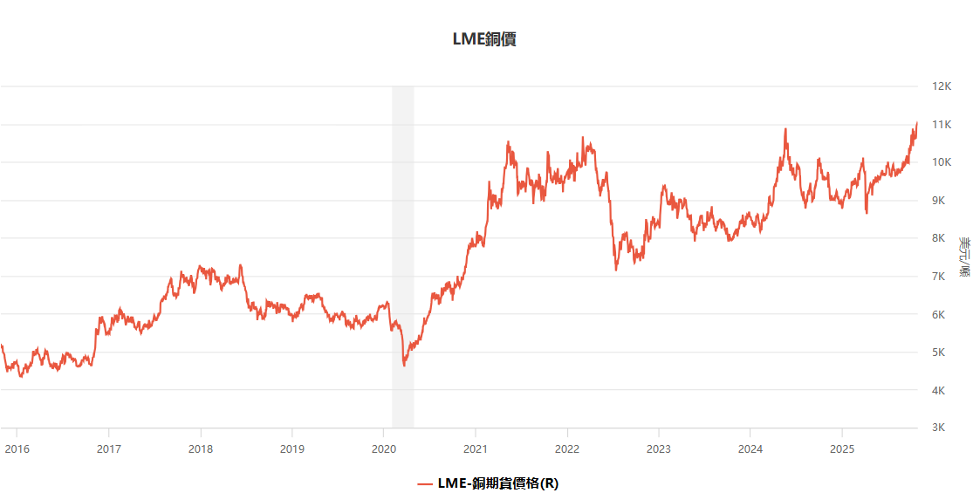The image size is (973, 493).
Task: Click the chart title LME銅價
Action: click(x=484, y=38)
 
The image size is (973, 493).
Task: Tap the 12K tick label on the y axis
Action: click(x=941, y=86)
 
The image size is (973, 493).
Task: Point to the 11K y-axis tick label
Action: click(x=941, y=125)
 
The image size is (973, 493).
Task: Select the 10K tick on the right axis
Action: click(x=941, y=162)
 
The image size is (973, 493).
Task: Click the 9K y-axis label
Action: click(x=939, y=201)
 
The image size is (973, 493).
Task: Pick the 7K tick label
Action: click(x=939, y=277)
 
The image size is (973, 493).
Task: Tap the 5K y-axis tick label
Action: click(x=939, y=353)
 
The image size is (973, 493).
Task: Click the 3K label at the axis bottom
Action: click(x=939, y=428)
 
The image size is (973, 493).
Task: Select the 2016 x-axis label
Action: click(x=17, y=448)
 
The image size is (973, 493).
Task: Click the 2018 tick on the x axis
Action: click(x=201, y=448)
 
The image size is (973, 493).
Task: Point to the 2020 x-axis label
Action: click(x=384, y=448)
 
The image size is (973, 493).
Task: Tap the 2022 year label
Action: click(x=567, y=448)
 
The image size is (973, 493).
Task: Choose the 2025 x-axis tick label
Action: click(x=841, y=448)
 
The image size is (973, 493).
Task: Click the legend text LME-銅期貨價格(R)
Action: click(x=497, y=483)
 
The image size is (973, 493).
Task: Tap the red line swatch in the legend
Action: click(x=425, y=483)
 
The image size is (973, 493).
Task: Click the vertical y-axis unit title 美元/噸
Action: click(x=963, y=257)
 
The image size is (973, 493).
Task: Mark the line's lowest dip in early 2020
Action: click(x=404, y=365)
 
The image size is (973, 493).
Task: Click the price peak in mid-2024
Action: click(x=785, y=129)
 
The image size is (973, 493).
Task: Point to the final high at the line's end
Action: click(x=917, y=123)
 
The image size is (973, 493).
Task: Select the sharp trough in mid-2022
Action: click(x=616, y=270)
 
